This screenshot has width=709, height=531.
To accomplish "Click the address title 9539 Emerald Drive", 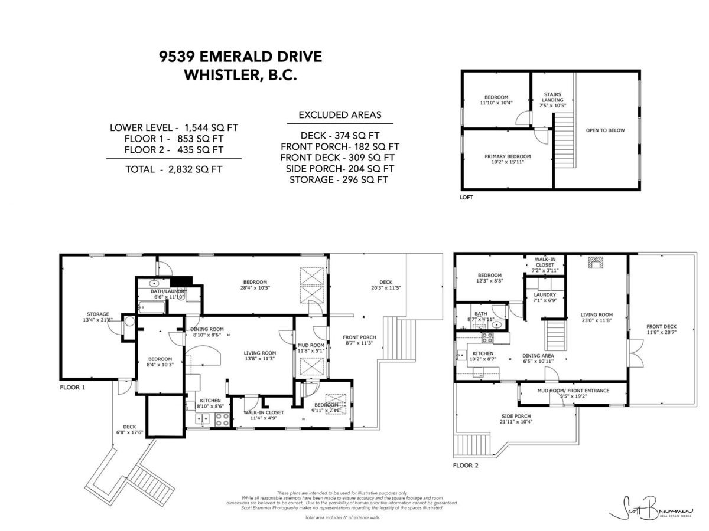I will point(240,57).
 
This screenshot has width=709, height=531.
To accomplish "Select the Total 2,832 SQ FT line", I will point(174,169).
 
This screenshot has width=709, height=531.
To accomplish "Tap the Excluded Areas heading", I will point(340,114).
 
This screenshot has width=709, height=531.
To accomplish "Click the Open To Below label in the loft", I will point(604,130).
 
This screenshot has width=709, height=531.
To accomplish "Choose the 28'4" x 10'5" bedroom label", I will point(254,285).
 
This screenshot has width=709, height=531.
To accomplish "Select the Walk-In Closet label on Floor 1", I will point(264,415).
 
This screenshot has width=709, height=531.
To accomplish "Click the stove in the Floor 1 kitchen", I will point(222,419).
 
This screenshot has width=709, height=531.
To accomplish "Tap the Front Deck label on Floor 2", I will point(661,330).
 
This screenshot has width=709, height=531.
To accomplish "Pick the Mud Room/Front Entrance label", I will point(564,393).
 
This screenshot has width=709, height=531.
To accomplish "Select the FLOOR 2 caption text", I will point(466,466).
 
